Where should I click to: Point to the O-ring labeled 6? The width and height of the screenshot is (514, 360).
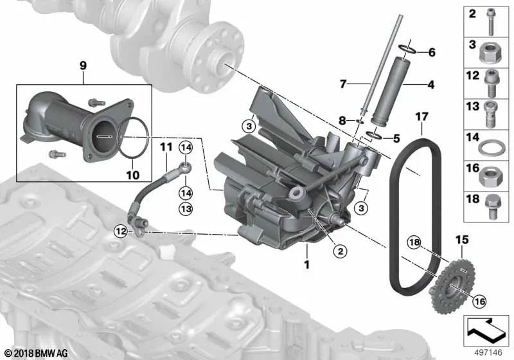[x=407, y=49]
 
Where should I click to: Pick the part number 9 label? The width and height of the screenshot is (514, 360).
[x=83, y=65]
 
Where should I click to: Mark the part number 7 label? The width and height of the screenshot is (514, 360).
[x=343, y=84]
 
